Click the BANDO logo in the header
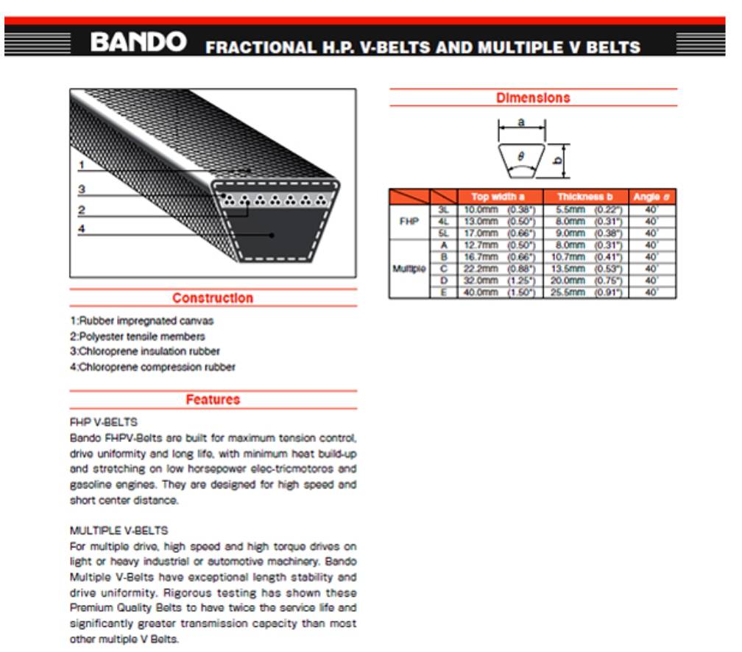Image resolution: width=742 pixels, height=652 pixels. (x=138, y=42)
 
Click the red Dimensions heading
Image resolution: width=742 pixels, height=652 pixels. (x=533, y=98)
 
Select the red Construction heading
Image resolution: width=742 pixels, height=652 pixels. (x=213, y=298)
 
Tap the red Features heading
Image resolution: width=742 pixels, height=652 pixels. (x=213, y=400)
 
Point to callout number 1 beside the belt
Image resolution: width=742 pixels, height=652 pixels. (x=82, y=164)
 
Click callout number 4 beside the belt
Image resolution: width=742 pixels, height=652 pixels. (x=82, y=228)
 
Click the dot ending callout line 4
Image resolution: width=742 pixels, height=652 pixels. (x=272, y=235)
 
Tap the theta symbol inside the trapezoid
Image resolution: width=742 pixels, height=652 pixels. (x=521, y=156)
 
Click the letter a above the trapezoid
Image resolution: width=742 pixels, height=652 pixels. (x=521, y=122)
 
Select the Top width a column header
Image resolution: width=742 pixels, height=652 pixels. (x=498, y=197)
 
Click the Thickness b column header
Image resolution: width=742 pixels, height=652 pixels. (x=585, y=197)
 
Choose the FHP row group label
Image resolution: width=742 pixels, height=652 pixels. (x=409, y=221)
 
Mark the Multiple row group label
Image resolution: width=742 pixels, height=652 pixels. (x=409, y=269)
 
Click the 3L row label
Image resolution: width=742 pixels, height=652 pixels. (x=443, y=209)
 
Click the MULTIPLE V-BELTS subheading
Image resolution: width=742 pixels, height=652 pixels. (x=119, y=530)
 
